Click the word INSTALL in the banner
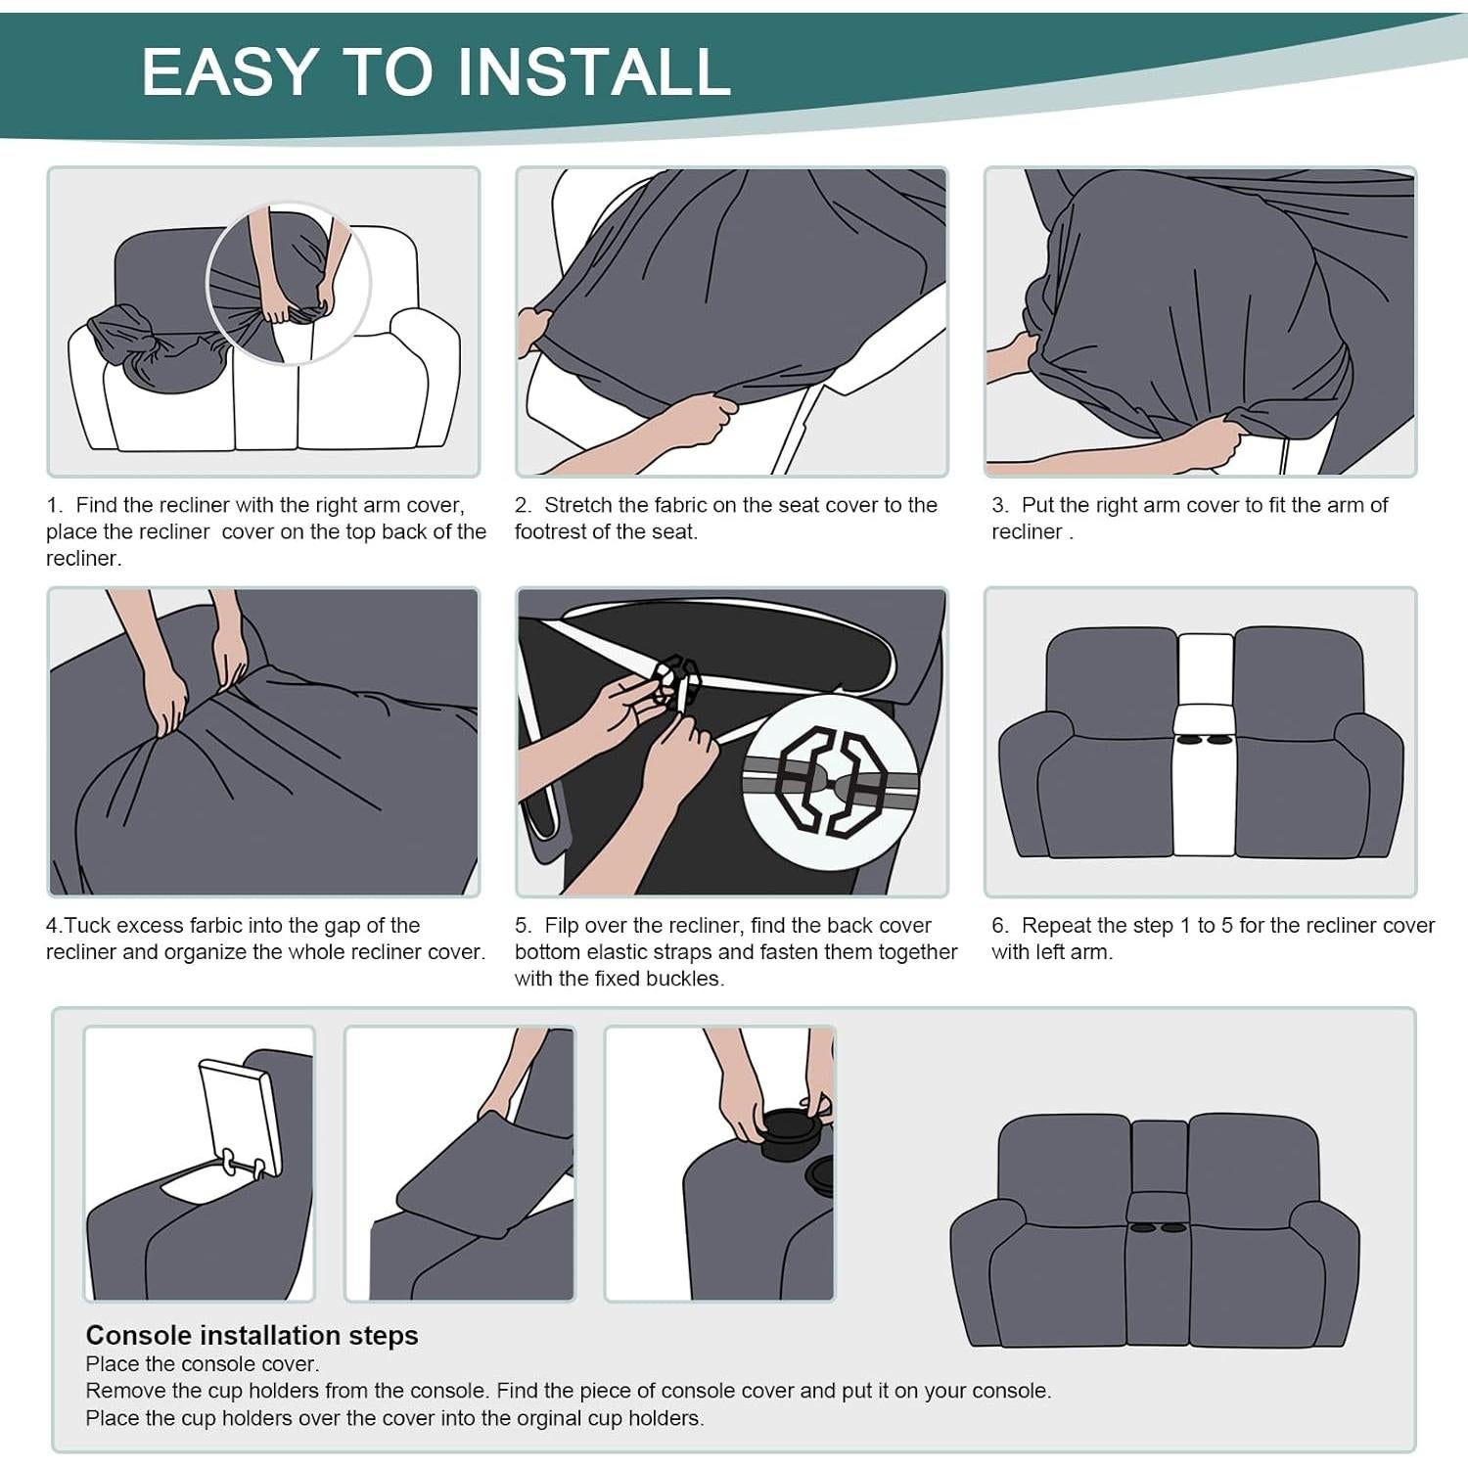[594, 70]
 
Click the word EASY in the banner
[230, 70]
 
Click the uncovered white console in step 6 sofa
[1205, 744]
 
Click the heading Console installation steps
[252, 1335]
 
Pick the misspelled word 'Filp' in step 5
[562, 925]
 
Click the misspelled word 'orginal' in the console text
[525, 1418]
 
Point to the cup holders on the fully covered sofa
[1157, 1226]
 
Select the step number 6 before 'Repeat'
[999, 925]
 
